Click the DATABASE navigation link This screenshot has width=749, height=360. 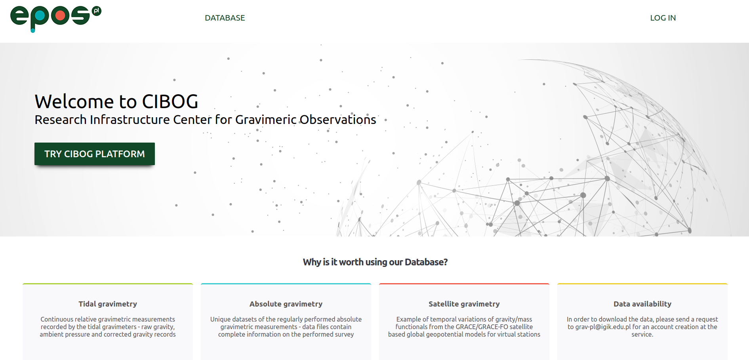[225, 18]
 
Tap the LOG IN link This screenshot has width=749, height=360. [663, 18]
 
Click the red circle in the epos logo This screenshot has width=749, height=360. [60, 16]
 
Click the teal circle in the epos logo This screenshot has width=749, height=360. [40, 16]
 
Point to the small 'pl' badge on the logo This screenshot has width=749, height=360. [96, 11]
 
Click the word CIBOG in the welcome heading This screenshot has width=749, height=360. [170, 102]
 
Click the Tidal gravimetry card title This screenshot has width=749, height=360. [108, 304]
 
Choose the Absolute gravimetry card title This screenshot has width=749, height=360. [286, 304]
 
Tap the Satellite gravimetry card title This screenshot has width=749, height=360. [464, 304]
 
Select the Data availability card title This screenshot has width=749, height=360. [642, 304]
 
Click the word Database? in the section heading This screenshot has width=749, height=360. [426, 262]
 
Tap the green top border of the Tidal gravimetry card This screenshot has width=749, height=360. [108, 284]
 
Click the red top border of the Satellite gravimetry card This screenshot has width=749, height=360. [464, 284]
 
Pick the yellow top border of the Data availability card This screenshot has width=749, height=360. [642, 284]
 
